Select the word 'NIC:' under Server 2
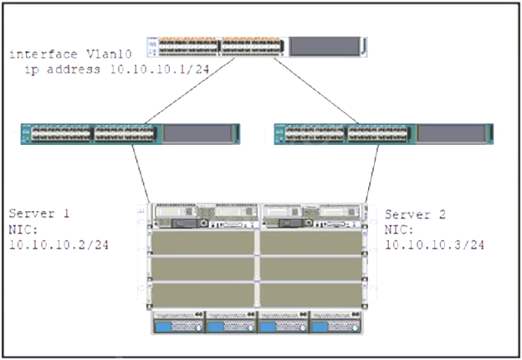(398, 229)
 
